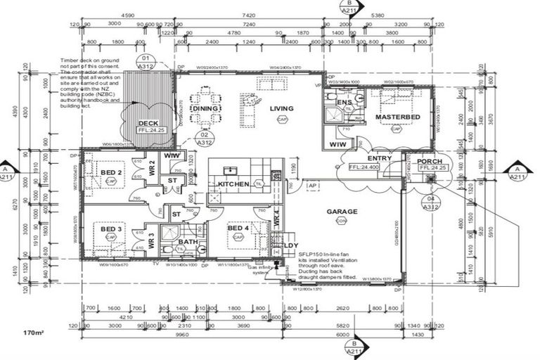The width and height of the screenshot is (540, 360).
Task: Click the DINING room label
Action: point(205,109)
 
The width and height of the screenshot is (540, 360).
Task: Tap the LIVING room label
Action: point(282,108)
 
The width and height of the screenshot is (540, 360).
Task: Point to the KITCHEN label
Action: point(233,184)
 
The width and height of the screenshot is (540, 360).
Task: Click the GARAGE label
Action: point(341,211)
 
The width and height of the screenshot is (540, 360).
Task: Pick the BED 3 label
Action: point(110,229)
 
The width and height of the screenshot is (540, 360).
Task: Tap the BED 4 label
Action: point(238,229)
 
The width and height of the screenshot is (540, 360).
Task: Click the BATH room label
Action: point(188,242)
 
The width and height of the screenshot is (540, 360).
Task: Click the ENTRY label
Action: point(379,158)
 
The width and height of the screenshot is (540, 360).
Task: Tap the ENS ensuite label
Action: point(344,103)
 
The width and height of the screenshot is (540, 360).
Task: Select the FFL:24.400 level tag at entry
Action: point(364,167)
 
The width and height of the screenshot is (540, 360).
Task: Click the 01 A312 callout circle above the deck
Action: point(146,62)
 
